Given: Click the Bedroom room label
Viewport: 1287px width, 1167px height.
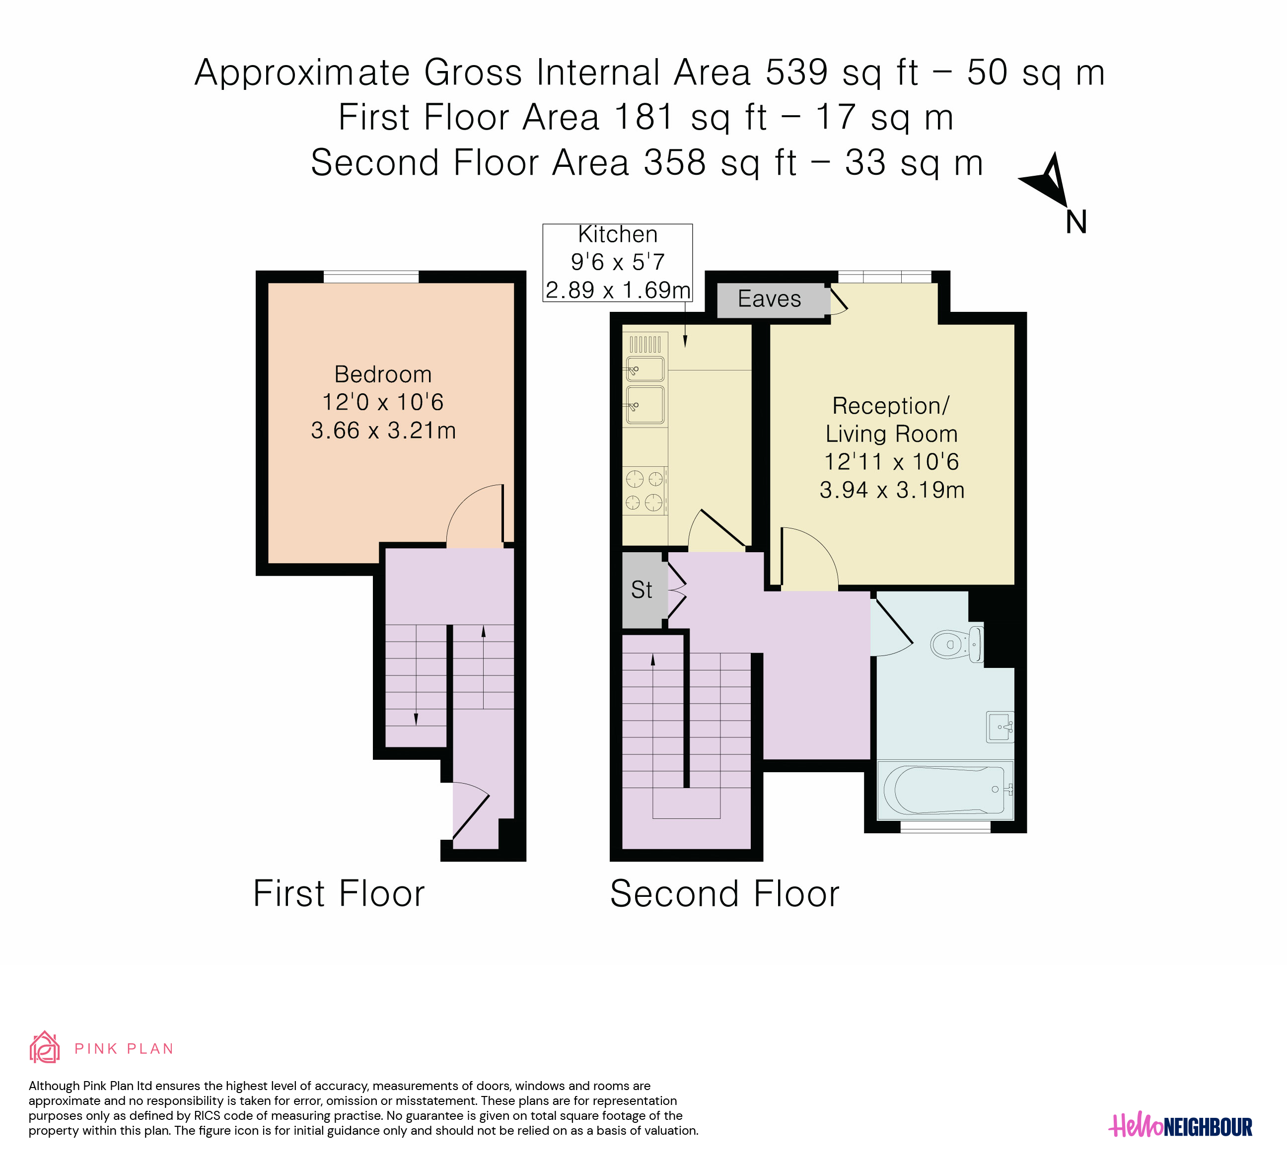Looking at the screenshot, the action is [383, 374].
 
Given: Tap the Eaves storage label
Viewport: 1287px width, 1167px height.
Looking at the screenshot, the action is [769, 299].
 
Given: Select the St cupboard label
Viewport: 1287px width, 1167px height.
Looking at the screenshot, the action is [642, 590].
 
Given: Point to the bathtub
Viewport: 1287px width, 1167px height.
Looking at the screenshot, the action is [945, 790].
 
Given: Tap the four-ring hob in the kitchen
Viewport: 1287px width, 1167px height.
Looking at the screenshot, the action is [645, 490].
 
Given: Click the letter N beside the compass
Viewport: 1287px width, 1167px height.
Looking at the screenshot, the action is [1076, 222].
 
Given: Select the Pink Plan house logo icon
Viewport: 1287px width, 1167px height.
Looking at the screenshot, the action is [45, 1048].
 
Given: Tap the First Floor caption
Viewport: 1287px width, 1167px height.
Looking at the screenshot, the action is [339, 894].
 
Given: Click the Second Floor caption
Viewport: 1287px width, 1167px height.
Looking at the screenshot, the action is [724, 894].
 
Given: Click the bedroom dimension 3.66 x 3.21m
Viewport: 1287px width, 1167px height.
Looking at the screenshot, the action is [383, 430].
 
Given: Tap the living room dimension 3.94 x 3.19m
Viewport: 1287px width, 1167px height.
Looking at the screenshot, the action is [892, 490].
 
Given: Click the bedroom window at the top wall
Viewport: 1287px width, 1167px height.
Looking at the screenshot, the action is [371, 277].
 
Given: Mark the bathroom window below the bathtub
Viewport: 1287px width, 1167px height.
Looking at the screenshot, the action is [945, 827].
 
